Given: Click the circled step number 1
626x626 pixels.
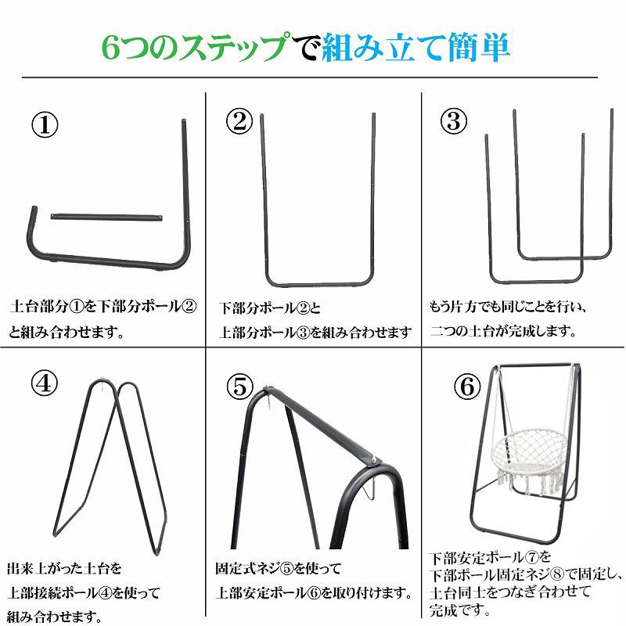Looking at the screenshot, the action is pyautogui.click(x=45, y=124).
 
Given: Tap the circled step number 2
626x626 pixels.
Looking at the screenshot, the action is pyautogui.click(x=239, y=121).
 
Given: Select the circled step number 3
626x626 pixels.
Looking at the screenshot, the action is pyautogui.click(x=453, y=121).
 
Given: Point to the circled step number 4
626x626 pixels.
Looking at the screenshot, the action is pyautogui.click(x=45, y=383).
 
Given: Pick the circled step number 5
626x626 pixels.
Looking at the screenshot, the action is pyautogui.click(x=239, y=386).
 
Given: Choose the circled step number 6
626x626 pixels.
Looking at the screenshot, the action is pyautogui.click(x=467, y=387).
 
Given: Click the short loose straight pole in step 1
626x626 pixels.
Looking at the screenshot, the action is pyautogui.click(x=106, y=218).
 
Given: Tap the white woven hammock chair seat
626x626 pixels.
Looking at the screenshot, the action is pyautogui.click(x=527, y=451).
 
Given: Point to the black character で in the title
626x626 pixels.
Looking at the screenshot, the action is pyautogui.click(x=306, y=48).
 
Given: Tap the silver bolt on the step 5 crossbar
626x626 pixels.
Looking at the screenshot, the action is pyautogui.click(x=374, y=459).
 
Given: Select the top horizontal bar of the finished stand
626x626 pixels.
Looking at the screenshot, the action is pyautogui.click(x=538, y=365).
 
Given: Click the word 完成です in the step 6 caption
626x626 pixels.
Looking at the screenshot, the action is pyautogui.click(x=460, y=610).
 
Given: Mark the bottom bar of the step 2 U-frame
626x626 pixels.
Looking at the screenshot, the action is pyautogui.click(x=318, y=284).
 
